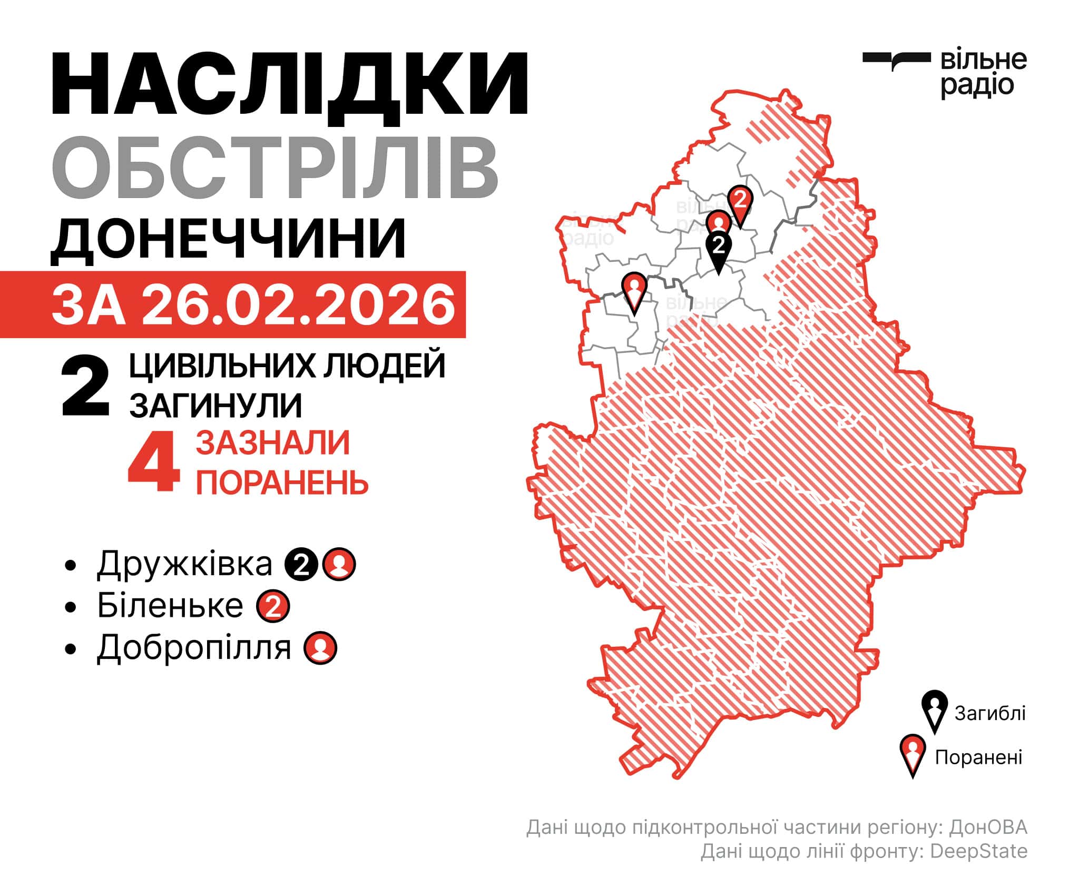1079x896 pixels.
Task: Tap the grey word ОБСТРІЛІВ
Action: [x=274, y=167]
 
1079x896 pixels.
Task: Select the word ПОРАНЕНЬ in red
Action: [x=282, y=481]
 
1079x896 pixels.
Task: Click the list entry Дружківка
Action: [x=184, y=564]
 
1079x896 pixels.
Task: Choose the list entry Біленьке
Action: [x=170, y=606]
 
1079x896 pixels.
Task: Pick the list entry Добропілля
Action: [x=193, y=647]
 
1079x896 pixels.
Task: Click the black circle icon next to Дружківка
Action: [x=301, y=565]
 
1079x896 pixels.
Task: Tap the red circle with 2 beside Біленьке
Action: [x=273, y=607]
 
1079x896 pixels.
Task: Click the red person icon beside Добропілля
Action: [x=320, y=648]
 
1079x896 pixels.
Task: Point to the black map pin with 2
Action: [x=719, y=248]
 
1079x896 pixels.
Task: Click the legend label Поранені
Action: [x=978, y=757]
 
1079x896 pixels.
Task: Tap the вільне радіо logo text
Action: [x=983, y=74]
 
